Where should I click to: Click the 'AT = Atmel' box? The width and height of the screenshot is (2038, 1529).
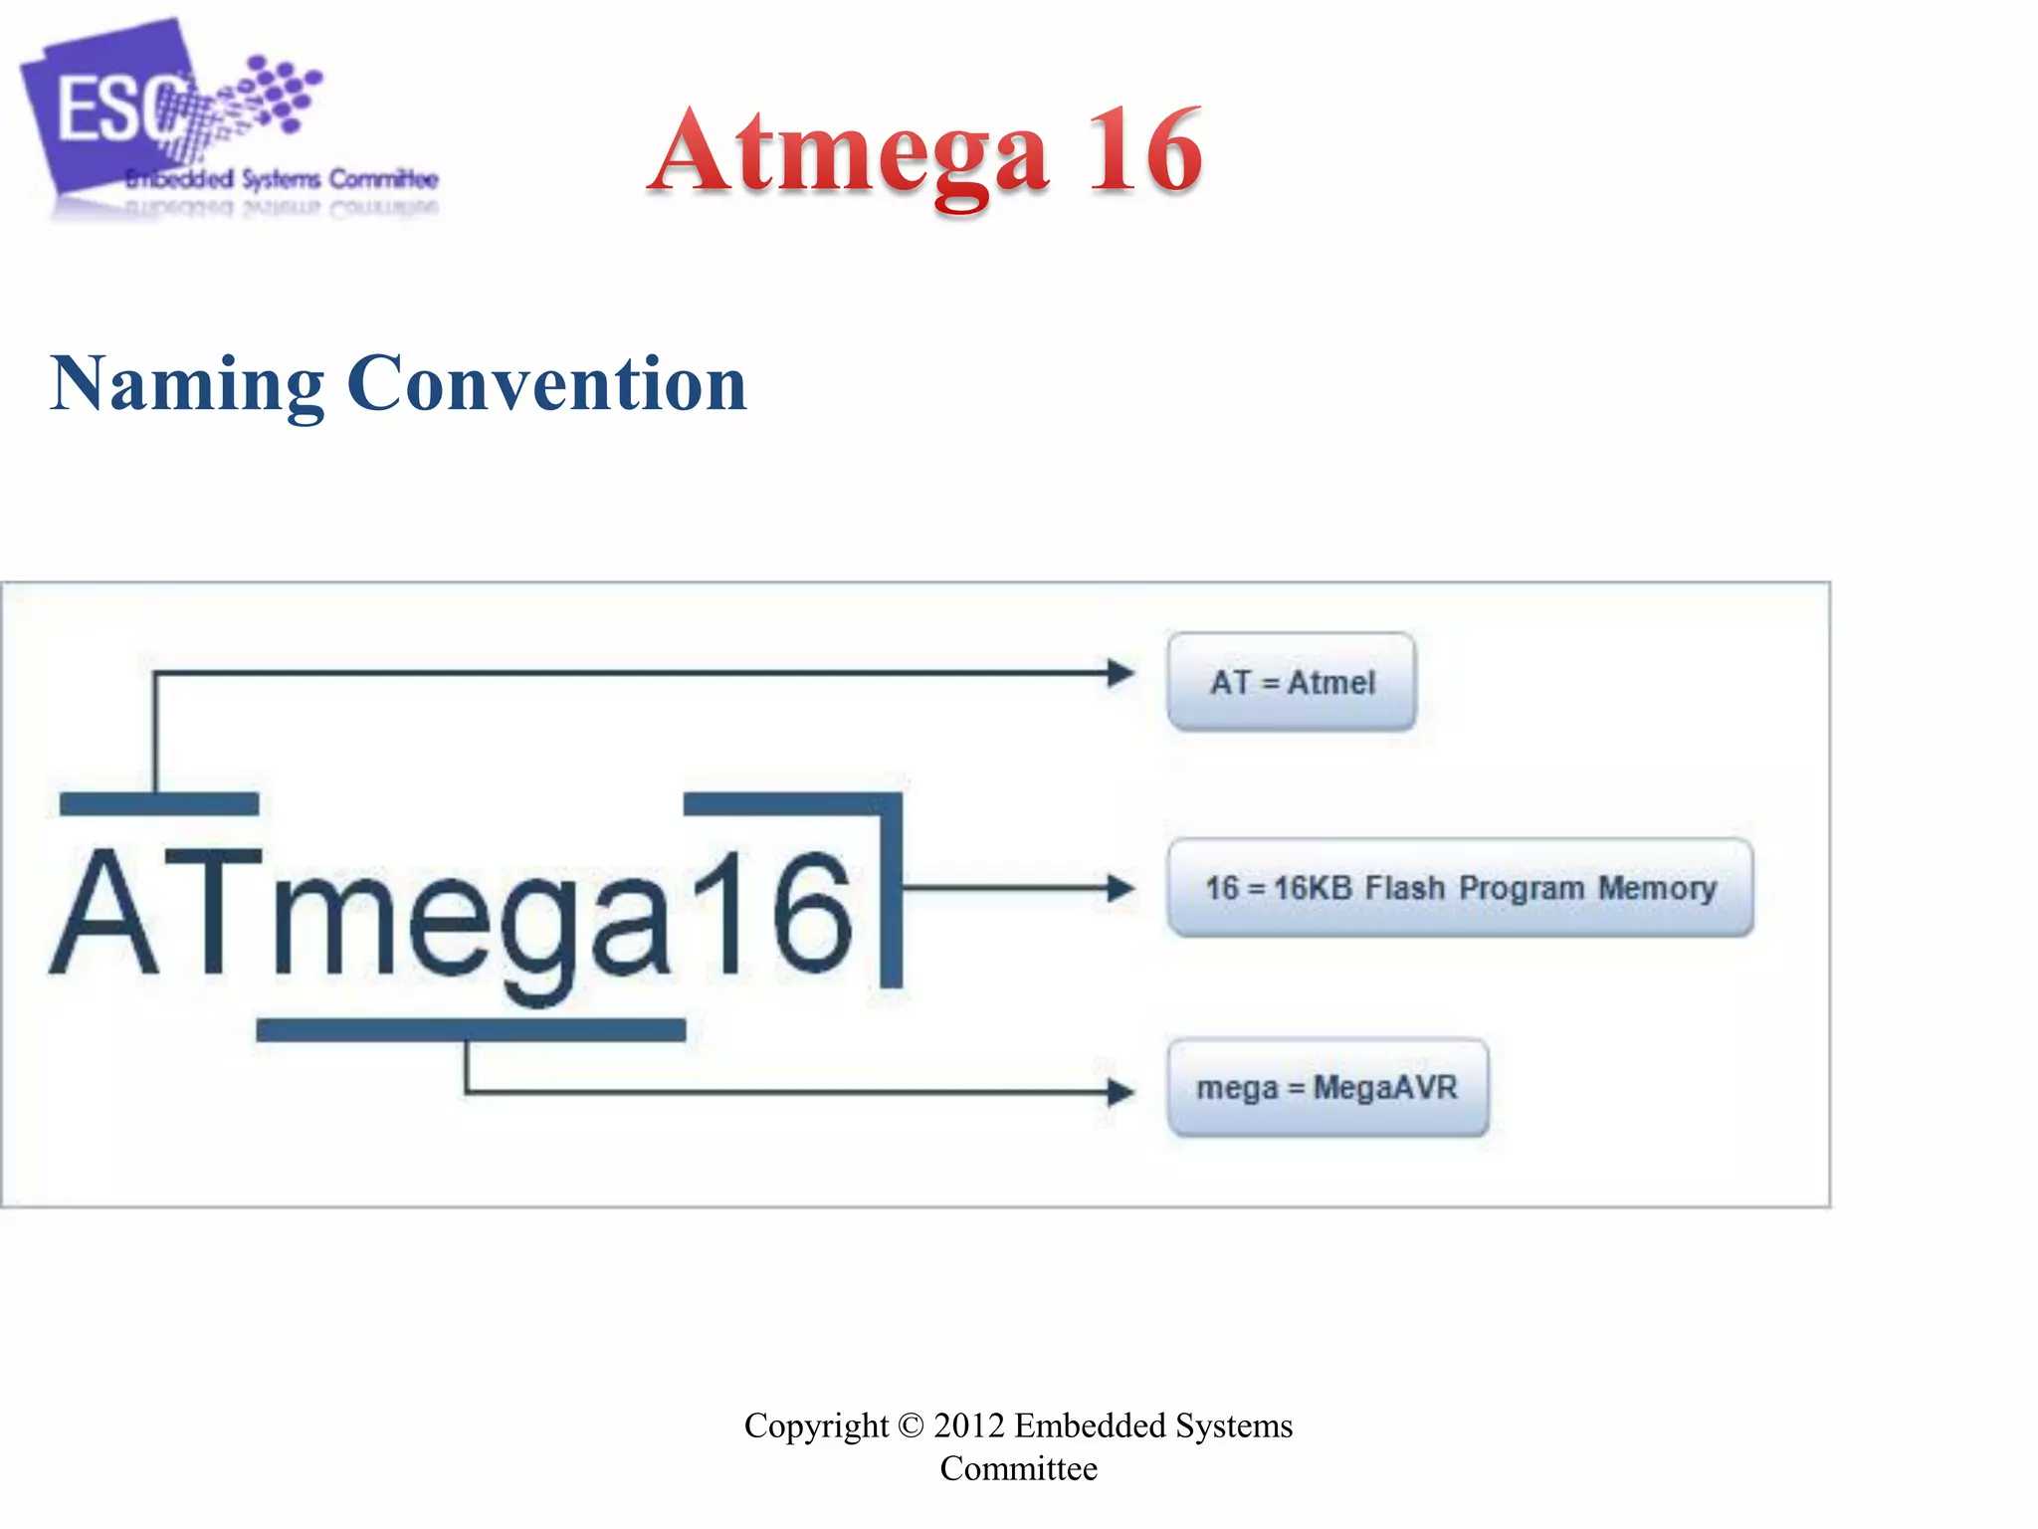1291,682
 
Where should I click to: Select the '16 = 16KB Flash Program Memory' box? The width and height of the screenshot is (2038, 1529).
1460,887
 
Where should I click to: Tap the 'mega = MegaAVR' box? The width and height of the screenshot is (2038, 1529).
1327,1087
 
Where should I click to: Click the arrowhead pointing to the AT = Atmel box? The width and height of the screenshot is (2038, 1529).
1121,673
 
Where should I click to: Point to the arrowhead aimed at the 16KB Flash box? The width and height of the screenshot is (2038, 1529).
1121,887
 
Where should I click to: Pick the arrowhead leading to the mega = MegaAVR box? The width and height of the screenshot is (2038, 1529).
1121,1092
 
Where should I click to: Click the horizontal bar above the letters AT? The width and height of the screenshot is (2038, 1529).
159,803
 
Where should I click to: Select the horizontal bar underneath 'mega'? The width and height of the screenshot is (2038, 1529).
471,1030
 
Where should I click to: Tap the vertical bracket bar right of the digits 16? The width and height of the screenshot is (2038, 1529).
892,891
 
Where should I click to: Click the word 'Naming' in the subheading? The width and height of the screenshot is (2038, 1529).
187,384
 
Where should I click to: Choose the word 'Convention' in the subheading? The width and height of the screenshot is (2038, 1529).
546,384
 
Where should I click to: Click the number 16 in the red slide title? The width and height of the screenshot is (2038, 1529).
1144,151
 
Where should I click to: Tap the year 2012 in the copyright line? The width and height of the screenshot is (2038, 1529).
968,1425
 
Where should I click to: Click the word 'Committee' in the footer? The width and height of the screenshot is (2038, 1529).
1018,1468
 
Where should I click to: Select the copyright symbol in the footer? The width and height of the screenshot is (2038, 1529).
911,1425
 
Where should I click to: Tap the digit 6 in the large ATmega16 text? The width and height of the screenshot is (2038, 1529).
811,913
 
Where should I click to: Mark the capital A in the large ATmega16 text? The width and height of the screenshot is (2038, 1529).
105,913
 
